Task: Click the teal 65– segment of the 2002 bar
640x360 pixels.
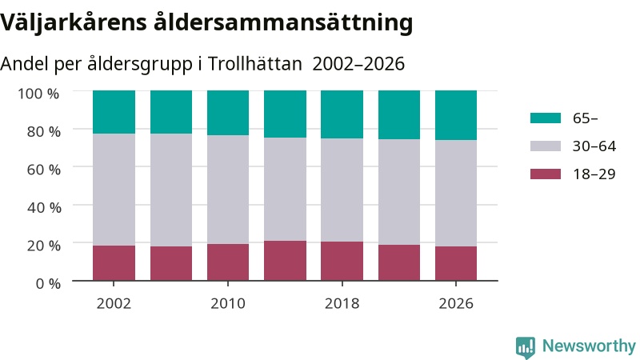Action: tap(114, 112)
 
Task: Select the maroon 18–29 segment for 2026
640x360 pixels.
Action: tap(456, 263)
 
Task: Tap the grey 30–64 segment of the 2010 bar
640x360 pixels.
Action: tap(228, 190)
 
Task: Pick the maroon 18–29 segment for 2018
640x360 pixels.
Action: tap(342, 262)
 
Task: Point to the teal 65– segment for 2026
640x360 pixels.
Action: tap(456, 115)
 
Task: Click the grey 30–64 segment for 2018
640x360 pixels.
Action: tap(342, 190)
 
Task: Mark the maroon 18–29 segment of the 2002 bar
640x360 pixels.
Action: tap(114, 263)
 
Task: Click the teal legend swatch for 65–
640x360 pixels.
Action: tap(546, 118)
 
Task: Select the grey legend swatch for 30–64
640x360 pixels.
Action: tap(546, 146)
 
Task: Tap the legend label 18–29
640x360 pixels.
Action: tap(594, 174)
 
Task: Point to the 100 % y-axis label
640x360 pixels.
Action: tap(38, 94)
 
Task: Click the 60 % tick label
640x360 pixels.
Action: tap(44, 170)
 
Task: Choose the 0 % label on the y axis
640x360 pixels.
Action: tap(48, 283)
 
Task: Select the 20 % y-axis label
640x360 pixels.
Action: tap(44, 246)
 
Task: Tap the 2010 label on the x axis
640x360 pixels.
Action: tap(228, 303)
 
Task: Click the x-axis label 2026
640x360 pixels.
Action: tap(456, 303)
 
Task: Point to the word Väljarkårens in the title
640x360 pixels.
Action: tap(74, 22)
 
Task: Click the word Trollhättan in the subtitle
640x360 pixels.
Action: tap(254, 64)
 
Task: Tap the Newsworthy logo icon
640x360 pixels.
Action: tap(526, 347)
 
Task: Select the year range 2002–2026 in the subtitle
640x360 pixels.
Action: tap(358, 64)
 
